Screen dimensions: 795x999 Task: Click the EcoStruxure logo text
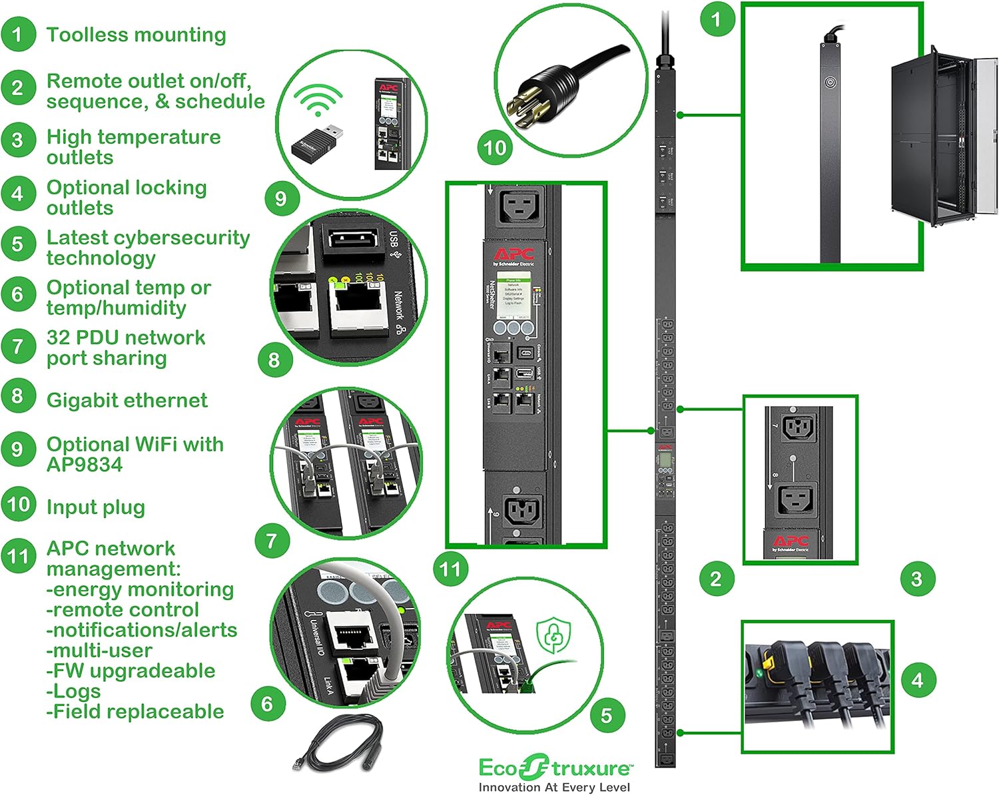tap(554, 768)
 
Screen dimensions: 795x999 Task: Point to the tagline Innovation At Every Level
tap(554, 787)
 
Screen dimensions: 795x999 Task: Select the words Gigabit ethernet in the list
tap(127, 400)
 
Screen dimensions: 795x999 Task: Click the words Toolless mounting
tap(136, 35)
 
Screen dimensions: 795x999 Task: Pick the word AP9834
tap(85, 465)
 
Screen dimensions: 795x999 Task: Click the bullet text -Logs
tap(73, 691)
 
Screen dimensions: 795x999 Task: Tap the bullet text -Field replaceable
tap(135, 712)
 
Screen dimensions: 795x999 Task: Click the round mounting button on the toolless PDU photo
tap(830, 83)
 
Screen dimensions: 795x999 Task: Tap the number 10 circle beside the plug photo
tap(495, 147)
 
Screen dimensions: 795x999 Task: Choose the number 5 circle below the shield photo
tap(606, 716)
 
